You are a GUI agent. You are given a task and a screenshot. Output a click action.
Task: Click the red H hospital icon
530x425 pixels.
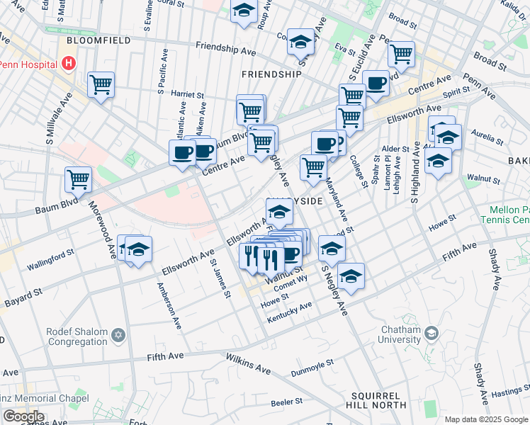(69, 64)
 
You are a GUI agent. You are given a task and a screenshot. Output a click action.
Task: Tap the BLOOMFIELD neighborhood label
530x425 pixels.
(99, 41)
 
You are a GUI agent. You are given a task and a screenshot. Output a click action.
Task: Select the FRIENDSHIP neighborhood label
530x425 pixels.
(271, 74)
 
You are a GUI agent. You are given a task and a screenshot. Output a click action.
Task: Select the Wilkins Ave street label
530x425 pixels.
(248, 365)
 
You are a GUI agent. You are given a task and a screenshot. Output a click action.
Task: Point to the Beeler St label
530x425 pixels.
(287, 402)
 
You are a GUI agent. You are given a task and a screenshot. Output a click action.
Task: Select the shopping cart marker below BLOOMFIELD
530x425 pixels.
(101, 84)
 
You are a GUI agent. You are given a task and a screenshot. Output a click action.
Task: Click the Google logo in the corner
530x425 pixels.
(23, 416)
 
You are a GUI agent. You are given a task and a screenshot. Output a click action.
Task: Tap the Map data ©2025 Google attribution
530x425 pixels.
(485, 419)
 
